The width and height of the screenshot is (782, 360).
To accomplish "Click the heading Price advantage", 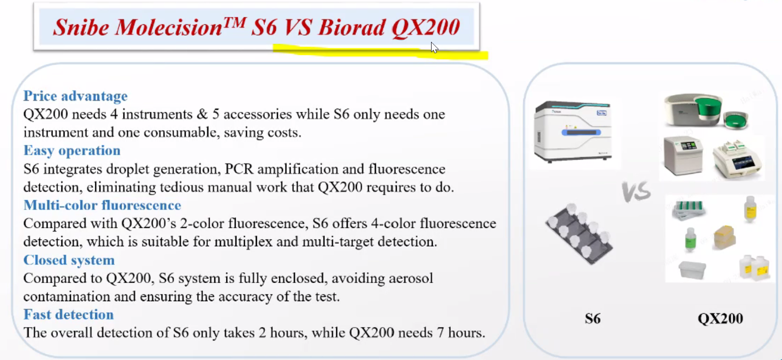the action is coord(75,96).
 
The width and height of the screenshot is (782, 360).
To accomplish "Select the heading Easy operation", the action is coord(72,150).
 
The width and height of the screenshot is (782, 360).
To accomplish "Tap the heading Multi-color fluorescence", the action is coord(102,205).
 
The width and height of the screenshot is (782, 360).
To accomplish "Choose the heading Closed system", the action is coord(69,260).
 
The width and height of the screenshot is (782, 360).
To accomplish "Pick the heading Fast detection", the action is coord(69,315).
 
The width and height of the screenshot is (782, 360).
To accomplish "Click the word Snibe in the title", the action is coord(81,27).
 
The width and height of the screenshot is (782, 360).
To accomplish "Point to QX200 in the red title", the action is coord(426,28).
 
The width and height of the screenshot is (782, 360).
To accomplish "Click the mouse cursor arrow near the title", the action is coord(434,47).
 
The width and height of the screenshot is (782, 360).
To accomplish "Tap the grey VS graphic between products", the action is coord(636,192).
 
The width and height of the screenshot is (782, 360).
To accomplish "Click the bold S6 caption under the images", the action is coord(592,318).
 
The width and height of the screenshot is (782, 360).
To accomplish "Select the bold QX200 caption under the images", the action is coord(720,318).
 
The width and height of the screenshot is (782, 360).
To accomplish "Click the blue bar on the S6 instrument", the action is coord(581,132).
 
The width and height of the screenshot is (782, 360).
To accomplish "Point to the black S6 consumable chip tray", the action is coord(579,234).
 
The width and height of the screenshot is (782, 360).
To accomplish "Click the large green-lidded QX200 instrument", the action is coord(693,110).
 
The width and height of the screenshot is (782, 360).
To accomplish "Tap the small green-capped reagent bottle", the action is coord(690,239).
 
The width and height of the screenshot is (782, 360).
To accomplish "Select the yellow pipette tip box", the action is coord(725,238).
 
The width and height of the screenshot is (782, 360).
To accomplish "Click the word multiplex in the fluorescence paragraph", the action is coord(243,242).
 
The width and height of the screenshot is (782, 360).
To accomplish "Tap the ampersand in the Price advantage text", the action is coord(202,114).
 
